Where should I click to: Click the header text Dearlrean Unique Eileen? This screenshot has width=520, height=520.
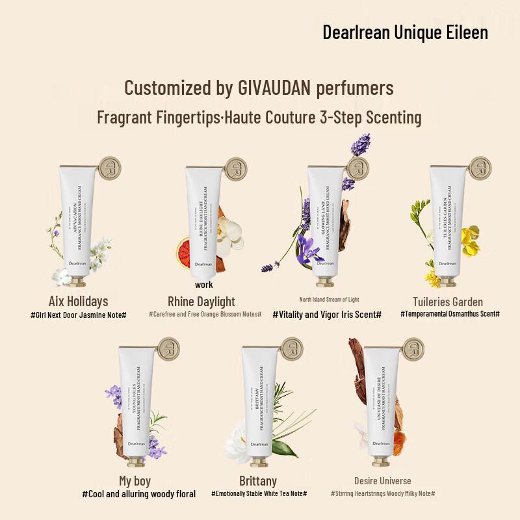pyautogui.click(x=405, y=32)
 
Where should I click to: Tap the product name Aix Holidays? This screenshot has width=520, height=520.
pyautogui.click(x=78, y=301)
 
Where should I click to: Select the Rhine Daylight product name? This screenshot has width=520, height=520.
pyautogui.click(x=201, y=301)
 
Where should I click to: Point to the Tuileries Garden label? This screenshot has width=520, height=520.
pyautogui.click(x=448, y=301)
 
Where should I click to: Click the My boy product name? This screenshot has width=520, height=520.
pyautogui.click(x=135, y=481)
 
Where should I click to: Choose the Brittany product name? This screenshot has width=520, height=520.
pyautogui.click(x=258, y=481)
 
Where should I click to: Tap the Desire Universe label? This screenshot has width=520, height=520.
pyautogui.click(x=382, y=481)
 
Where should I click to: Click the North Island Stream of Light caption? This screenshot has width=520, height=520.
pyautogui.click(x=329, y=300)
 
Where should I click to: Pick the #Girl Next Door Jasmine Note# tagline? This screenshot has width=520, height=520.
pyautogui.click(x=78, y=315)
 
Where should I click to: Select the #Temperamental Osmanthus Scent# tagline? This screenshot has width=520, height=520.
pyautogui.click(x=450, y=314)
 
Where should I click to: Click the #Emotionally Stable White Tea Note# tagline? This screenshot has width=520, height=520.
pyautogui.click(x=259, y=494)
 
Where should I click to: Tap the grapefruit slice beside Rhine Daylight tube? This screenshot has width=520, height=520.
pyautogui.click(x=188, y=250)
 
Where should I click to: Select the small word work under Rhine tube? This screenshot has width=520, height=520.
pyautogui.click(x=203, y=285)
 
